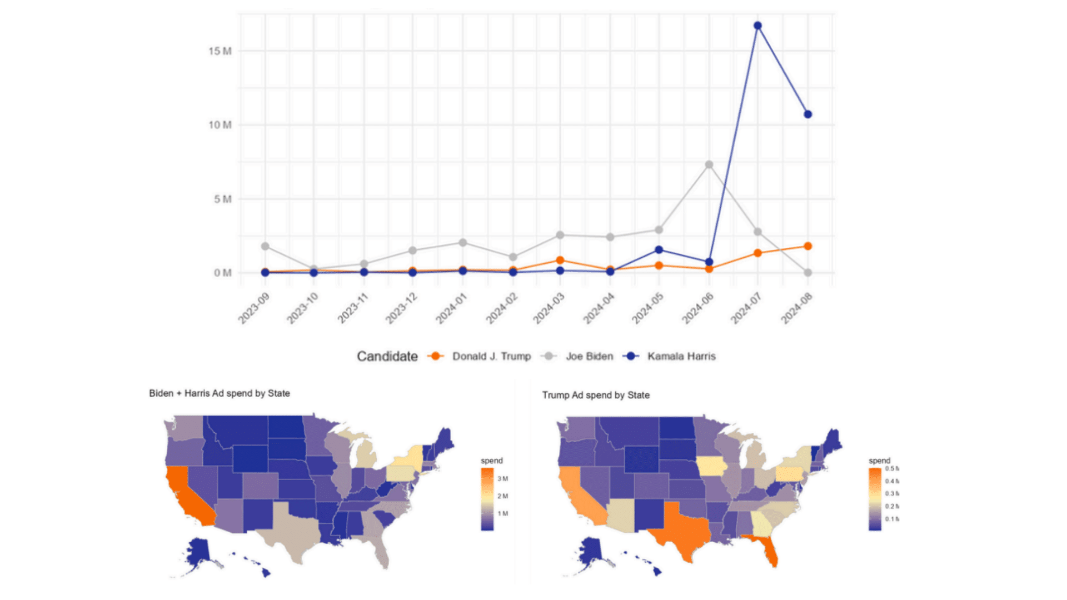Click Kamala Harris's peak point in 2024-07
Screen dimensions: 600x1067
click(757, 26)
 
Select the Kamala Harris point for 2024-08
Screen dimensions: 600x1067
click(808, 114)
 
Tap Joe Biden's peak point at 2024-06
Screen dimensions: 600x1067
click(709, 165)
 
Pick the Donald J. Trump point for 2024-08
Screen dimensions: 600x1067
click(808, 246)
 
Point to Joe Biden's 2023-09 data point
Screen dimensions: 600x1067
click(265, 246)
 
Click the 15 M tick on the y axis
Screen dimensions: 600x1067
click(220, 51)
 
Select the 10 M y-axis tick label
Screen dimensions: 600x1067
click(220, 125)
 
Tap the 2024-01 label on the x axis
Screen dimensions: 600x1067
click(451, 308)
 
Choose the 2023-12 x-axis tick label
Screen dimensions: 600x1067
click(401, 308)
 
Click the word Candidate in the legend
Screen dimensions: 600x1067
click(387, 356)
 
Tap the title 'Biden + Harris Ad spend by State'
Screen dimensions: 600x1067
click(220, 393)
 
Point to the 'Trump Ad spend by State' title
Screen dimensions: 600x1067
click(596, 395)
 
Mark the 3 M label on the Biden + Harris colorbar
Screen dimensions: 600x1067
click(502, 478)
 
